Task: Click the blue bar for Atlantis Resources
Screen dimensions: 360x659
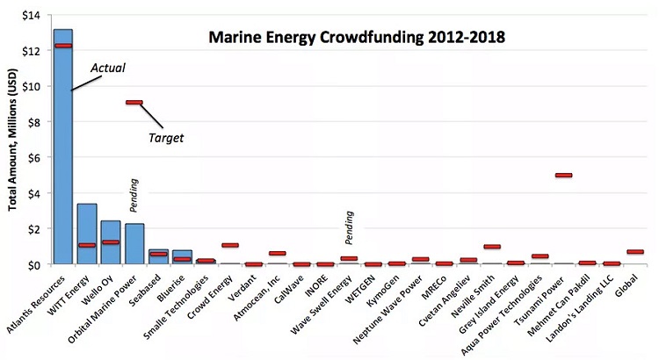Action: click(x=63, y=149)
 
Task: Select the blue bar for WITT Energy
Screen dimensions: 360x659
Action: click(x=87, y=234)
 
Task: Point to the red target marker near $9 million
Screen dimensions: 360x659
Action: click(x=134, y=103)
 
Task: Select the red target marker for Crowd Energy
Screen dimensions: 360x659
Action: click(x=229, y=246)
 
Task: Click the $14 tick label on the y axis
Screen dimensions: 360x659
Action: click(x=32, y=15)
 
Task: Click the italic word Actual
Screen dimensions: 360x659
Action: click(x=109, y=67)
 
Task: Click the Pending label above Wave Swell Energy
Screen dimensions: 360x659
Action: click(x=350, y=228)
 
